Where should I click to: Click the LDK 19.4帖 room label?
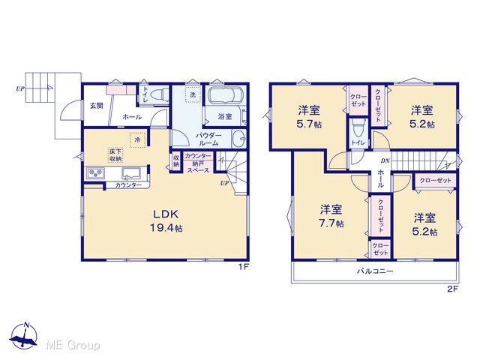coord(166,220)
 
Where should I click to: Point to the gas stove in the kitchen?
coord(96,173)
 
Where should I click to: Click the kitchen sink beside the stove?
coord(131,173)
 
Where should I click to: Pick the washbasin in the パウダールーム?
coord(239,139)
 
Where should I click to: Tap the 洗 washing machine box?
coord(193,94)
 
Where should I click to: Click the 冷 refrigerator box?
coord(137,140)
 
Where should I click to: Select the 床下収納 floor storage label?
coord(115,155)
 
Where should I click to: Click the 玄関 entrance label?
coord(96,106)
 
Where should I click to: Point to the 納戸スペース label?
coord(198,167)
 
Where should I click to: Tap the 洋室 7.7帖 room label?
coord(331,217)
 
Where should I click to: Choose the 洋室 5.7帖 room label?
coord(309,117)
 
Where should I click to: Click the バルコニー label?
coord(375,271)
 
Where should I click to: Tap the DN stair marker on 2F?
coord(385,160)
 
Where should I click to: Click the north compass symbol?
coord(24,335)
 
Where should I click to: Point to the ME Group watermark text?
coord(73,345)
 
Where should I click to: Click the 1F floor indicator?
coord(244,267)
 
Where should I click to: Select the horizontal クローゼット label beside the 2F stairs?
coord(435,180)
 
